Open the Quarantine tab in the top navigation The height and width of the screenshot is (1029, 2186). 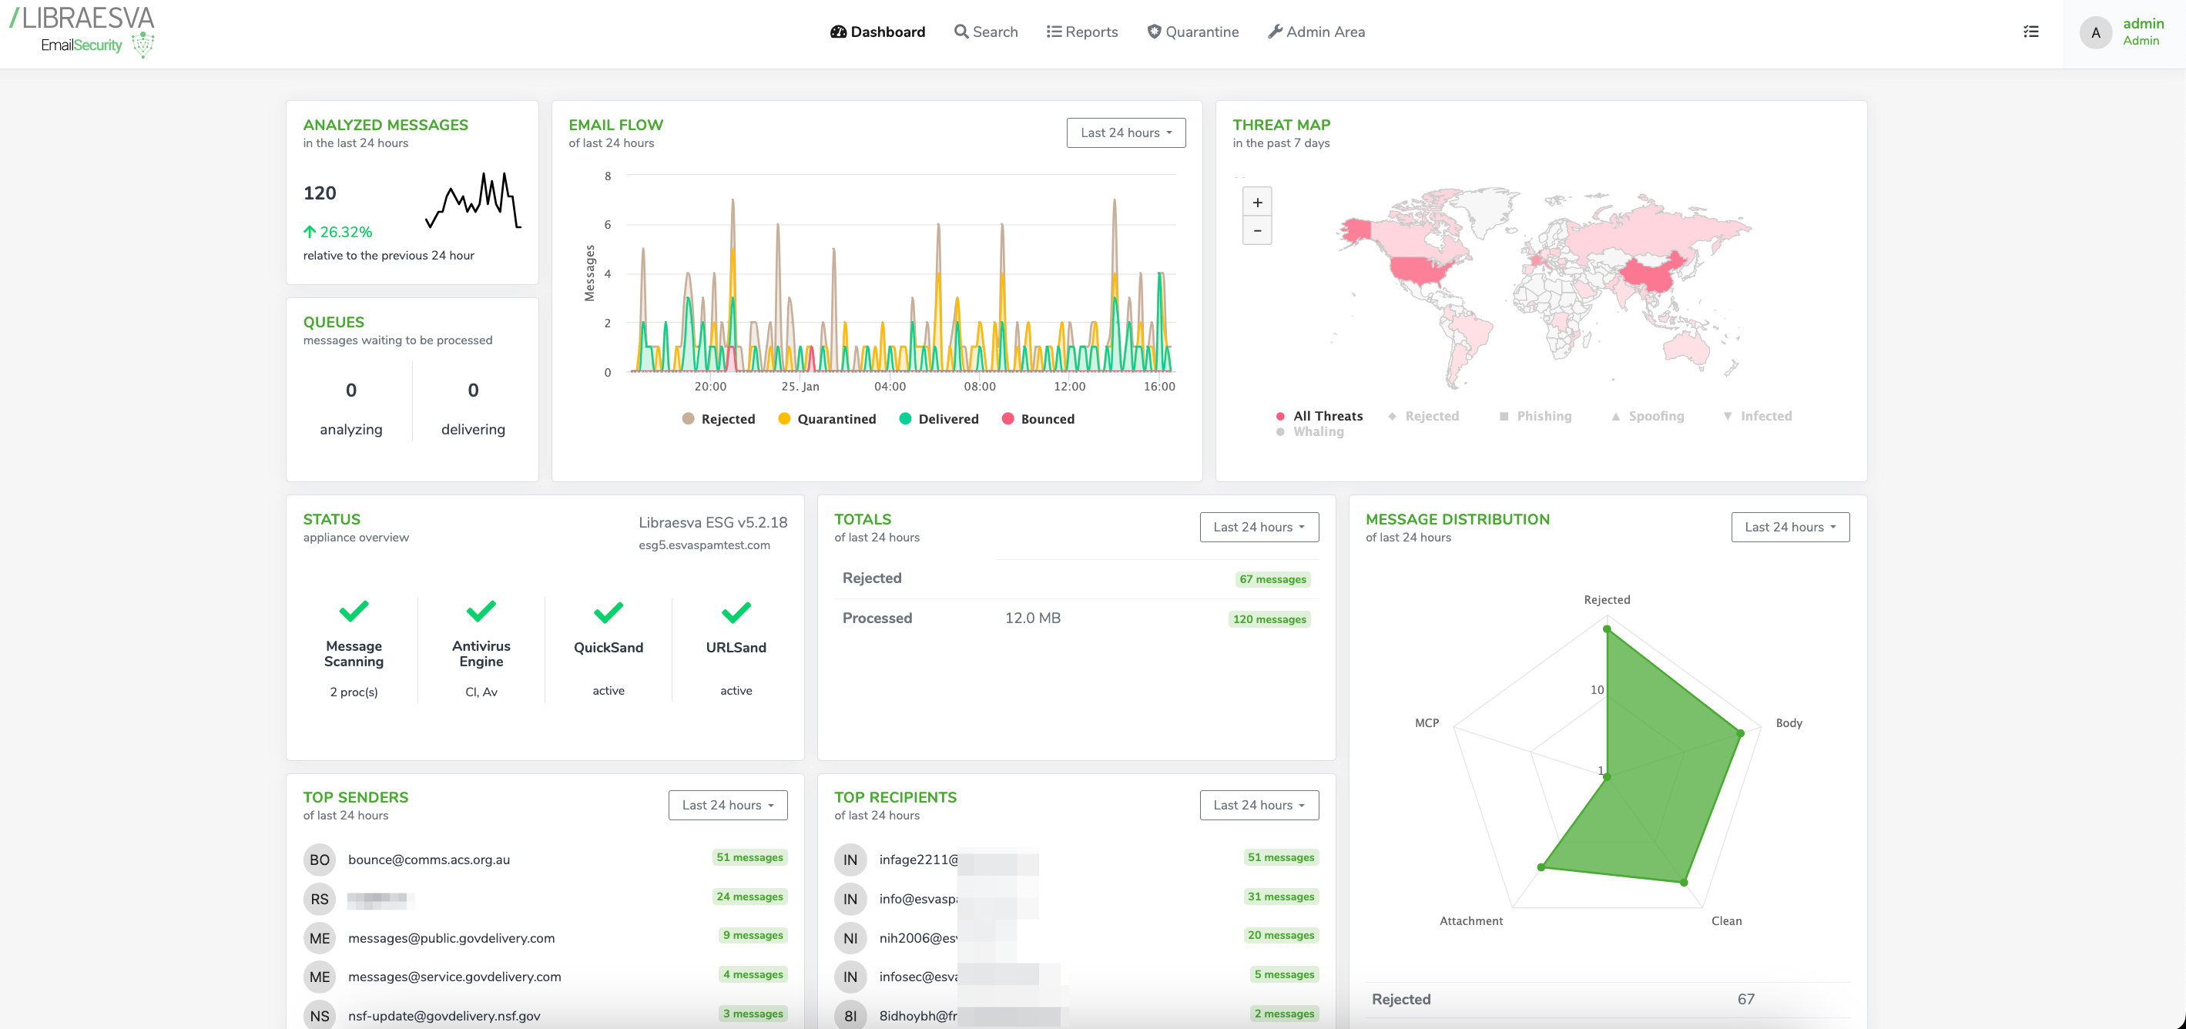tap(1192, 32)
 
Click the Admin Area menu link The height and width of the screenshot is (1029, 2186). tap(1316, 32)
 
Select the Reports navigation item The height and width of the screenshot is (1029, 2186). tap(1082, 32)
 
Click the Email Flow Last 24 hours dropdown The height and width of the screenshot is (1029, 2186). tap(1125, 132)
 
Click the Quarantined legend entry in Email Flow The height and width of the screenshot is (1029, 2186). tap(826, 419)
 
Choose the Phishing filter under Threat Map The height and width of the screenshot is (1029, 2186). tap(1535, 416)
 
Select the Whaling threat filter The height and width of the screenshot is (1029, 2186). tap(1310, 432)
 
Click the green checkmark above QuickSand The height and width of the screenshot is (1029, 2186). tap(608, 612)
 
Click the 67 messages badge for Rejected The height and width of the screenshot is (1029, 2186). tap(1272, 579)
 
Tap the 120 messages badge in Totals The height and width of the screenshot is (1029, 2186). tap(1269, 619)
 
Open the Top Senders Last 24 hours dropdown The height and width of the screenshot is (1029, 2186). tap(727, 805)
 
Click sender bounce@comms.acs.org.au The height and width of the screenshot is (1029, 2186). tap(428, 860)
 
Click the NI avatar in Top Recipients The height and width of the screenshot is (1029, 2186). tap(850, 938)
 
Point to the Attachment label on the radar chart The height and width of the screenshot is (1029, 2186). tap(1470, 920)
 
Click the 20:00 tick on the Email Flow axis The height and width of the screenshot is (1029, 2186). tap(709, 386)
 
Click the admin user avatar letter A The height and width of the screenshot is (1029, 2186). tap(2094, 33)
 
